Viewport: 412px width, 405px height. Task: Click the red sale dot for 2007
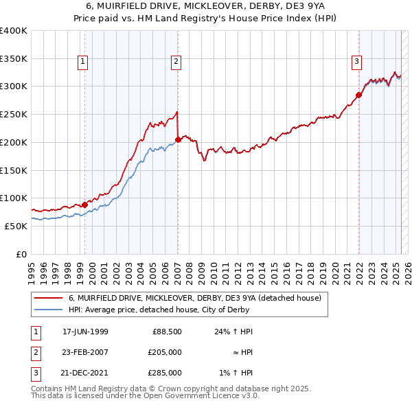click(x=178, y=139)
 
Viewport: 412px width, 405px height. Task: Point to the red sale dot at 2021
click(x=358, y=95)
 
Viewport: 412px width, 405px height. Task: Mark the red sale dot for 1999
click(x=84, y=205)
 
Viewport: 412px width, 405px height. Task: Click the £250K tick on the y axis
click(x=13, y=115)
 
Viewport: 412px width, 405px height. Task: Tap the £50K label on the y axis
click(x=16, y=226)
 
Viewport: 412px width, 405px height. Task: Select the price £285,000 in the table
click(x=165, y=373)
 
